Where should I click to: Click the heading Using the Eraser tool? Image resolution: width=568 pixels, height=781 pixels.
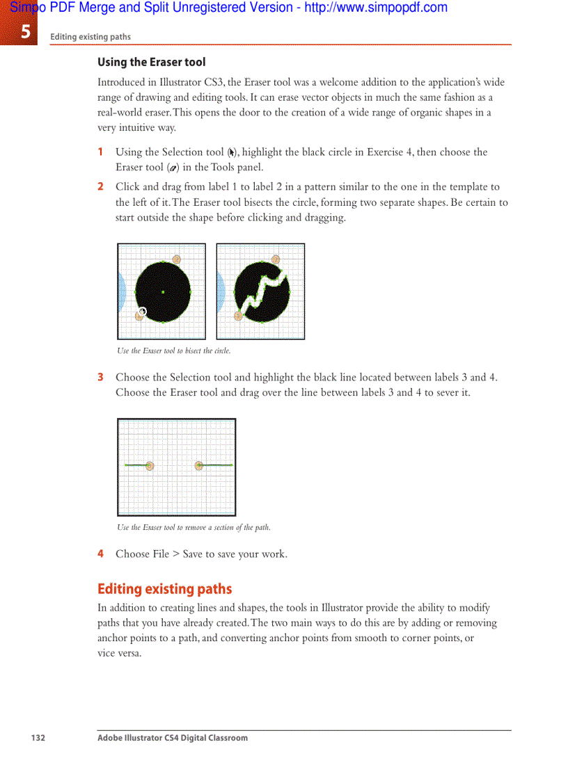[x=151, y=62]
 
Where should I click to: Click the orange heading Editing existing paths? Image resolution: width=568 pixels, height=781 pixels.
[x=164, y=589]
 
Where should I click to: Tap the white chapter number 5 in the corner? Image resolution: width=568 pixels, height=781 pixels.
[x=25, y=31]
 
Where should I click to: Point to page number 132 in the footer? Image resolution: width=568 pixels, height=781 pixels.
[x=38, y=738]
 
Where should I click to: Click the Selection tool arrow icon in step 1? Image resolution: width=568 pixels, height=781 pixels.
[x=232, y=152]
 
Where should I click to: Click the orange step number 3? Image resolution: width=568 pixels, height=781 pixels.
[x=101, y=377]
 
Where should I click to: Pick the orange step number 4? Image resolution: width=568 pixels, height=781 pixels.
[x=101, y=554]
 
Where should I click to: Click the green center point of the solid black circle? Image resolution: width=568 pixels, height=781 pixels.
[x=163, y=292]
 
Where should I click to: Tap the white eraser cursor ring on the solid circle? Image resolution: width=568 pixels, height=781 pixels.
[x=143, y=311]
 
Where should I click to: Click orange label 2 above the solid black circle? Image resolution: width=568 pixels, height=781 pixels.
[x=177, y=259]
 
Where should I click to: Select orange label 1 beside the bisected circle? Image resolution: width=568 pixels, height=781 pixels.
[x=239, y=316]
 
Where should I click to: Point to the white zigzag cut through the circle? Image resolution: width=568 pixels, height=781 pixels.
[x=262, y=290]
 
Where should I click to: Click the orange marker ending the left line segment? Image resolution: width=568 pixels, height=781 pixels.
[x=150, y=465]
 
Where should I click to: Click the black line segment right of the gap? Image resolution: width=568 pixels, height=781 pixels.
[x=217, y=465]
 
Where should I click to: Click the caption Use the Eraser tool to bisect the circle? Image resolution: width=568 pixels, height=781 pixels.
[x=173, y=351]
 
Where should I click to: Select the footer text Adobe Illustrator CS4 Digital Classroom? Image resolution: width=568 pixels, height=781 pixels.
[x=172, y=738]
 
